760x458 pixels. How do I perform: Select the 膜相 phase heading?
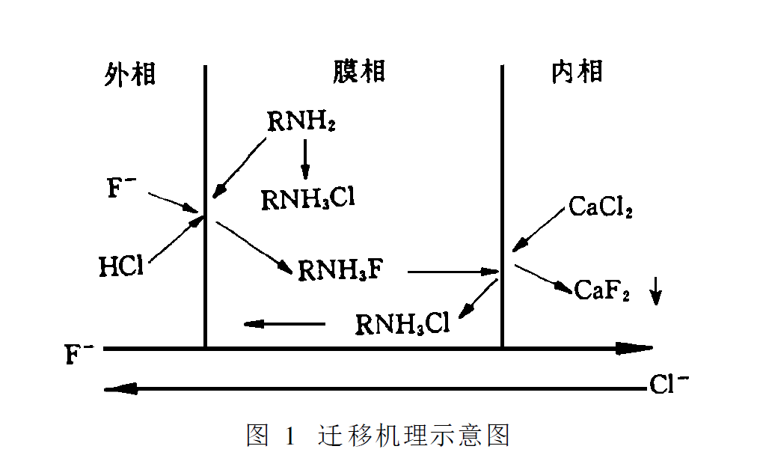[x=358, y=72]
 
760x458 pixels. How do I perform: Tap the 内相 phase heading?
[x=577, y=72]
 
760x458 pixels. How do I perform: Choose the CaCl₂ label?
[x=601, y=207]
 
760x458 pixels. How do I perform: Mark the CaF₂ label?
[x=602, y=290]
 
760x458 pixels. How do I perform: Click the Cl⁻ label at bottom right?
[x=669, y=386]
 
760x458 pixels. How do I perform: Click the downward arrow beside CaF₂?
[x=655, y=290]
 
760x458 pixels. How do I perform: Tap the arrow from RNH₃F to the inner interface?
[x=453, y=271]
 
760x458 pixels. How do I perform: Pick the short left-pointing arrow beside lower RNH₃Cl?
[x=284, y=324]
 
